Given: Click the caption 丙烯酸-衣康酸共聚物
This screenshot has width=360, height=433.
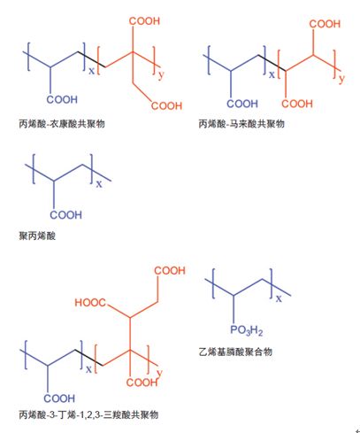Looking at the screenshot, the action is (x=62, y=123).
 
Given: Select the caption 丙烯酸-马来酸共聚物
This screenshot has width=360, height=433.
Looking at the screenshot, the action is (x=241, y=123).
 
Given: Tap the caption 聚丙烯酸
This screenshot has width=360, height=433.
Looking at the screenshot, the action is (x=37, y=236).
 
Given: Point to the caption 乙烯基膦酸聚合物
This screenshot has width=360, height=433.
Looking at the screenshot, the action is (x=235, y=352).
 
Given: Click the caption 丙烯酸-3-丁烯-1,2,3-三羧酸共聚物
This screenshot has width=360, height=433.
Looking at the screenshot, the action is (x=88, y=414).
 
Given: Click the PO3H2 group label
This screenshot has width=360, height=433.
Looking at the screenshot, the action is (x=246, y=330).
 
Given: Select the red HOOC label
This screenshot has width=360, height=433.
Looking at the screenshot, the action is (x=90, y=303).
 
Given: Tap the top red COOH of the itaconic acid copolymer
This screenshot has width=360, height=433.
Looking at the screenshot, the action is (x=144, y=21).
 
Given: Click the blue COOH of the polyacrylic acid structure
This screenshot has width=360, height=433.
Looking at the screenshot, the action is (x=65, y=215).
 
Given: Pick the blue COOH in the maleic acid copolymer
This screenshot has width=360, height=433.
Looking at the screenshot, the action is (x=242, y=104).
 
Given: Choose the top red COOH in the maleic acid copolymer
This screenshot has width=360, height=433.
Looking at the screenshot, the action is (x=325, y=24).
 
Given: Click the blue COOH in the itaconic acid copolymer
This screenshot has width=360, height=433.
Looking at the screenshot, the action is (x=62, y=99).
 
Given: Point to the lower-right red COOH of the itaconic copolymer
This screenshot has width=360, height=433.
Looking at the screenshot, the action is (x=166, y=105).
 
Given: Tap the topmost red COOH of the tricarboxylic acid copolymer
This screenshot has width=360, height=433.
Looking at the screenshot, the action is (x=170, y=270).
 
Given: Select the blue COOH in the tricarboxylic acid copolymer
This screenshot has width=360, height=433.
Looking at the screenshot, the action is (x=59, y=398).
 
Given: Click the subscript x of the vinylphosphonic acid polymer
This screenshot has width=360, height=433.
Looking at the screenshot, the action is (x=279, y=298).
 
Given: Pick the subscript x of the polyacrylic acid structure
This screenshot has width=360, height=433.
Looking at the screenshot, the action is (x=99, y=184).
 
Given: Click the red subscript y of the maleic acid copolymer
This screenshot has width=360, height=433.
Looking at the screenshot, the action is (x=341, y=78).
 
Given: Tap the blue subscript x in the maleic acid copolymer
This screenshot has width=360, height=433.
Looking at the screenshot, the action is (x=272, y=74).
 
